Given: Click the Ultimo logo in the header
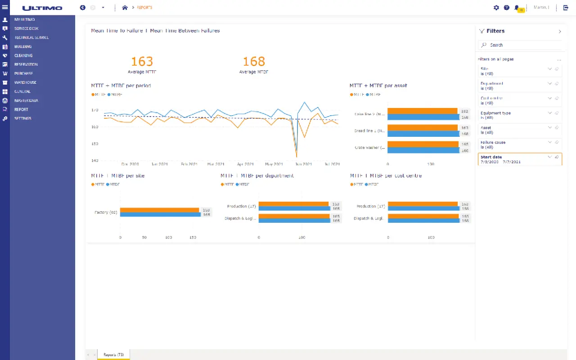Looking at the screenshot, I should pyautogui.click(x=42, y=8).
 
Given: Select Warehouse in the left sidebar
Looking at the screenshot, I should pyautogui.click(x=25, y=82).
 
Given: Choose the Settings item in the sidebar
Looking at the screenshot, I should pyautogui.click(x=22, y=118).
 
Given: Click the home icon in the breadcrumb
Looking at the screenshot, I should pyautogui.click(x=125, y=8).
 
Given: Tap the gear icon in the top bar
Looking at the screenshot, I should pyautogui.click(x=496, y=8).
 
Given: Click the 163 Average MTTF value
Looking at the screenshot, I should pyautogui.click(x=142, y=62).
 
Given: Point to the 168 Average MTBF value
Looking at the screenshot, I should pyautogui.click(x=254, y=62).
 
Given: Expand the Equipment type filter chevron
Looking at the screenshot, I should pyautogui.click(x=549, y=113).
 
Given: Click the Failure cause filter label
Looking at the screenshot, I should pyautogui.click(x=493, y=142).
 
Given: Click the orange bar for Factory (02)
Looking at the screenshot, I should pyautogui.click(x=159, y=210).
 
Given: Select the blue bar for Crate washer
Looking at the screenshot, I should pyautogui.click(x=423, y=150).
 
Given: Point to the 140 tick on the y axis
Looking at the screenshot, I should pyautogui.click(x=94, y=161).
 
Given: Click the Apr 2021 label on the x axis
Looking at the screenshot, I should pyautogui.click(x=245, y=164).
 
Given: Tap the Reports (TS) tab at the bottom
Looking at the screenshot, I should pyautogui.click(x=113, y=355).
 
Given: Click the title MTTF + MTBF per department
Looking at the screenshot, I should pyautogui.click(x=257, y=175).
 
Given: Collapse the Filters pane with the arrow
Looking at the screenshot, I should pyautogui.click(x=559, y=31).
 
